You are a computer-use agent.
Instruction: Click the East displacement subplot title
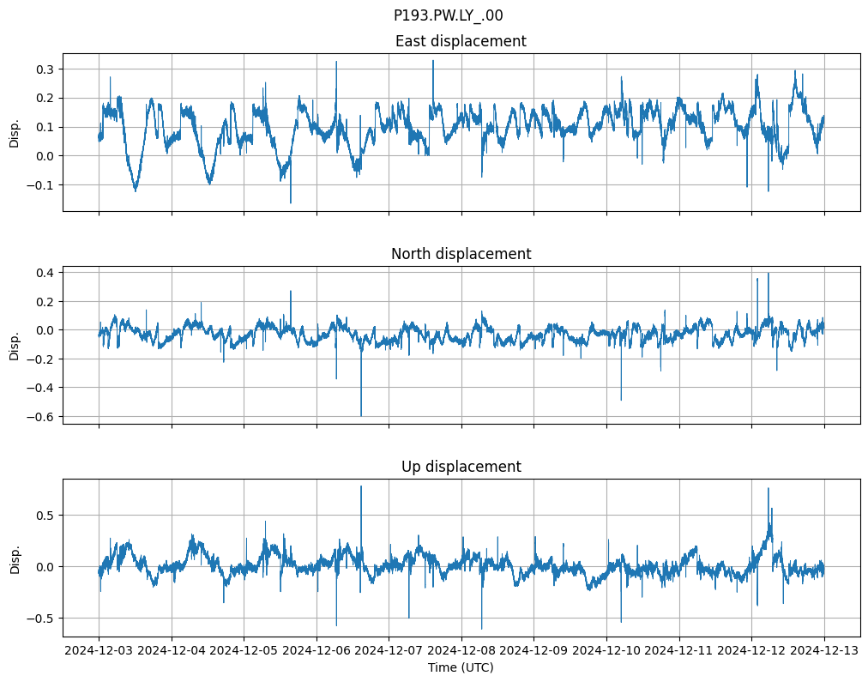point(461,41)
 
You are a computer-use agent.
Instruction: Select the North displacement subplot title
point(461,254)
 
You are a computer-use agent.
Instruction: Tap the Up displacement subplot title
point(461,467)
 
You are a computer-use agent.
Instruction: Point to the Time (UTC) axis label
point(461,667)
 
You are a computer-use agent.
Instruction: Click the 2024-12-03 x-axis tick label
point(99,650)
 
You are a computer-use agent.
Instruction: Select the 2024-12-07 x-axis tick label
point(389,650)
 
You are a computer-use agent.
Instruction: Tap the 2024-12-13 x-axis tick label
point(825,650)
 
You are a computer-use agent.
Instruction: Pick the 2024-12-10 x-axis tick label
point(607,650)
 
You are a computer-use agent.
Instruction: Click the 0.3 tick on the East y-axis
point(44,69)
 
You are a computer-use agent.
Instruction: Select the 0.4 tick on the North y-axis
point(44,273)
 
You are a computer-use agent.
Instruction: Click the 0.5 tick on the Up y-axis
point(44,515)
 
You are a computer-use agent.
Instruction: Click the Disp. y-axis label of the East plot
point(15,132)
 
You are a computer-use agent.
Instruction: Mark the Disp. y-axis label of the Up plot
point(15,558)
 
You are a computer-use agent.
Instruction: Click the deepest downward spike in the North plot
point(361,414)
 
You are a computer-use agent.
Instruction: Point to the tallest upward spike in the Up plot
point(361,487)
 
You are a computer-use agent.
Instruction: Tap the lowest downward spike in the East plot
point(291,202)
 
